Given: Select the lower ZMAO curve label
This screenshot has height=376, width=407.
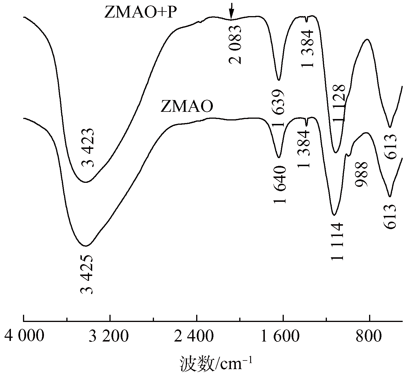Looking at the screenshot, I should pyautogui.click(x=187, y=107).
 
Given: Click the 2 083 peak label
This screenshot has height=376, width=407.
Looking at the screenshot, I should pyautogui.click(x=236, y=45).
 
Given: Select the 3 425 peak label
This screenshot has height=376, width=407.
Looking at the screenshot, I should pyautogui.click(x=86, y=274).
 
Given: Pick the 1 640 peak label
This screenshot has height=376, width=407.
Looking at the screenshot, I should pyautogui.click(x=280, y=184).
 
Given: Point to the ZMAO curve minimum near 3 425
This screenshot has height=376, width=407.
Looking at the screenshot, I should pyautogui.click(x=86, y=246).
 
